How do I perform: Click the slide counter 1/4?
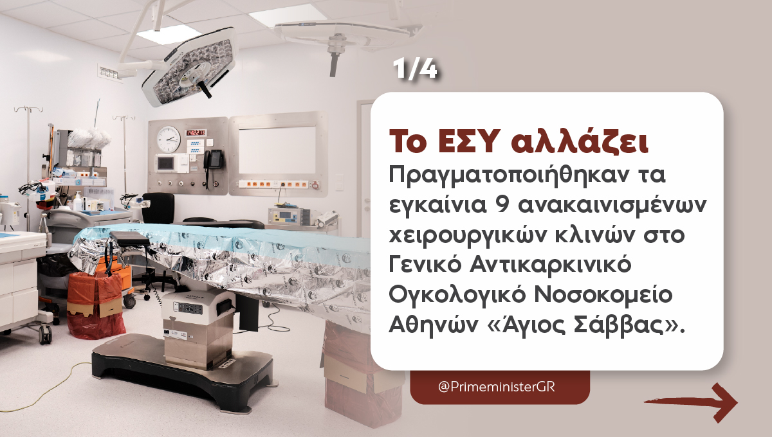pos(415,70)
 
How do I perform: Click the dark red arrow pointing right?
pos(691,402)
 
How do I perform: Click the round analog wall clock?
pos(169,137)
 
